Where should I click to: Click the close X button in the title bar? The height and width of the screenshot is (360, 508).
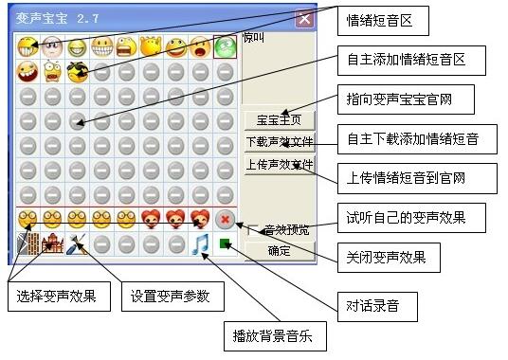coord(303,17)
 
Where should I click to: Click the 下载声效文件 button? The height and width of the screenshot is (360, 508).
coord(279,142)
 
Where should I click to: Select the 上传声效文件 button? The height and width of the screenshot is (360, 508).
coord(279,164)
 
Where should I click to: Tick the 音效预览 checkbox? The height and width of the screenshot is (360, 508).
coord(252,229)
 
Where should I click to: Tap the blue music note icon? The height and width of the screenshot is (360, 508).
coord(200,245)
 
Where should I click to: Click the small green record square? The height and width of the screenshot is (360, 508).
coord(226,244)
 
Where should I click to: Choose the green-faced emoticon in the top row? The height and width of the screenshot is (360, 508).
coord(225,45)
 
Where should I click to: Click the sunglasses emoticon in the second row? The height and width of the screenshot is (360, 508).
coord(77,70)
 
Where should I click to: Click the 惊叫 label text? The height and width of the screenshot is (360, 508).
coord(252,39)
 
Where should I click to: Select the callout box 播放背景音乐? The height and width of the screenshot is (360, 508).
coord(273,334)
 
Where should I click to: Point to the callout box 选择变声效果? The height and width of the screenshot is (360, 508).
coord(58,297)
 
